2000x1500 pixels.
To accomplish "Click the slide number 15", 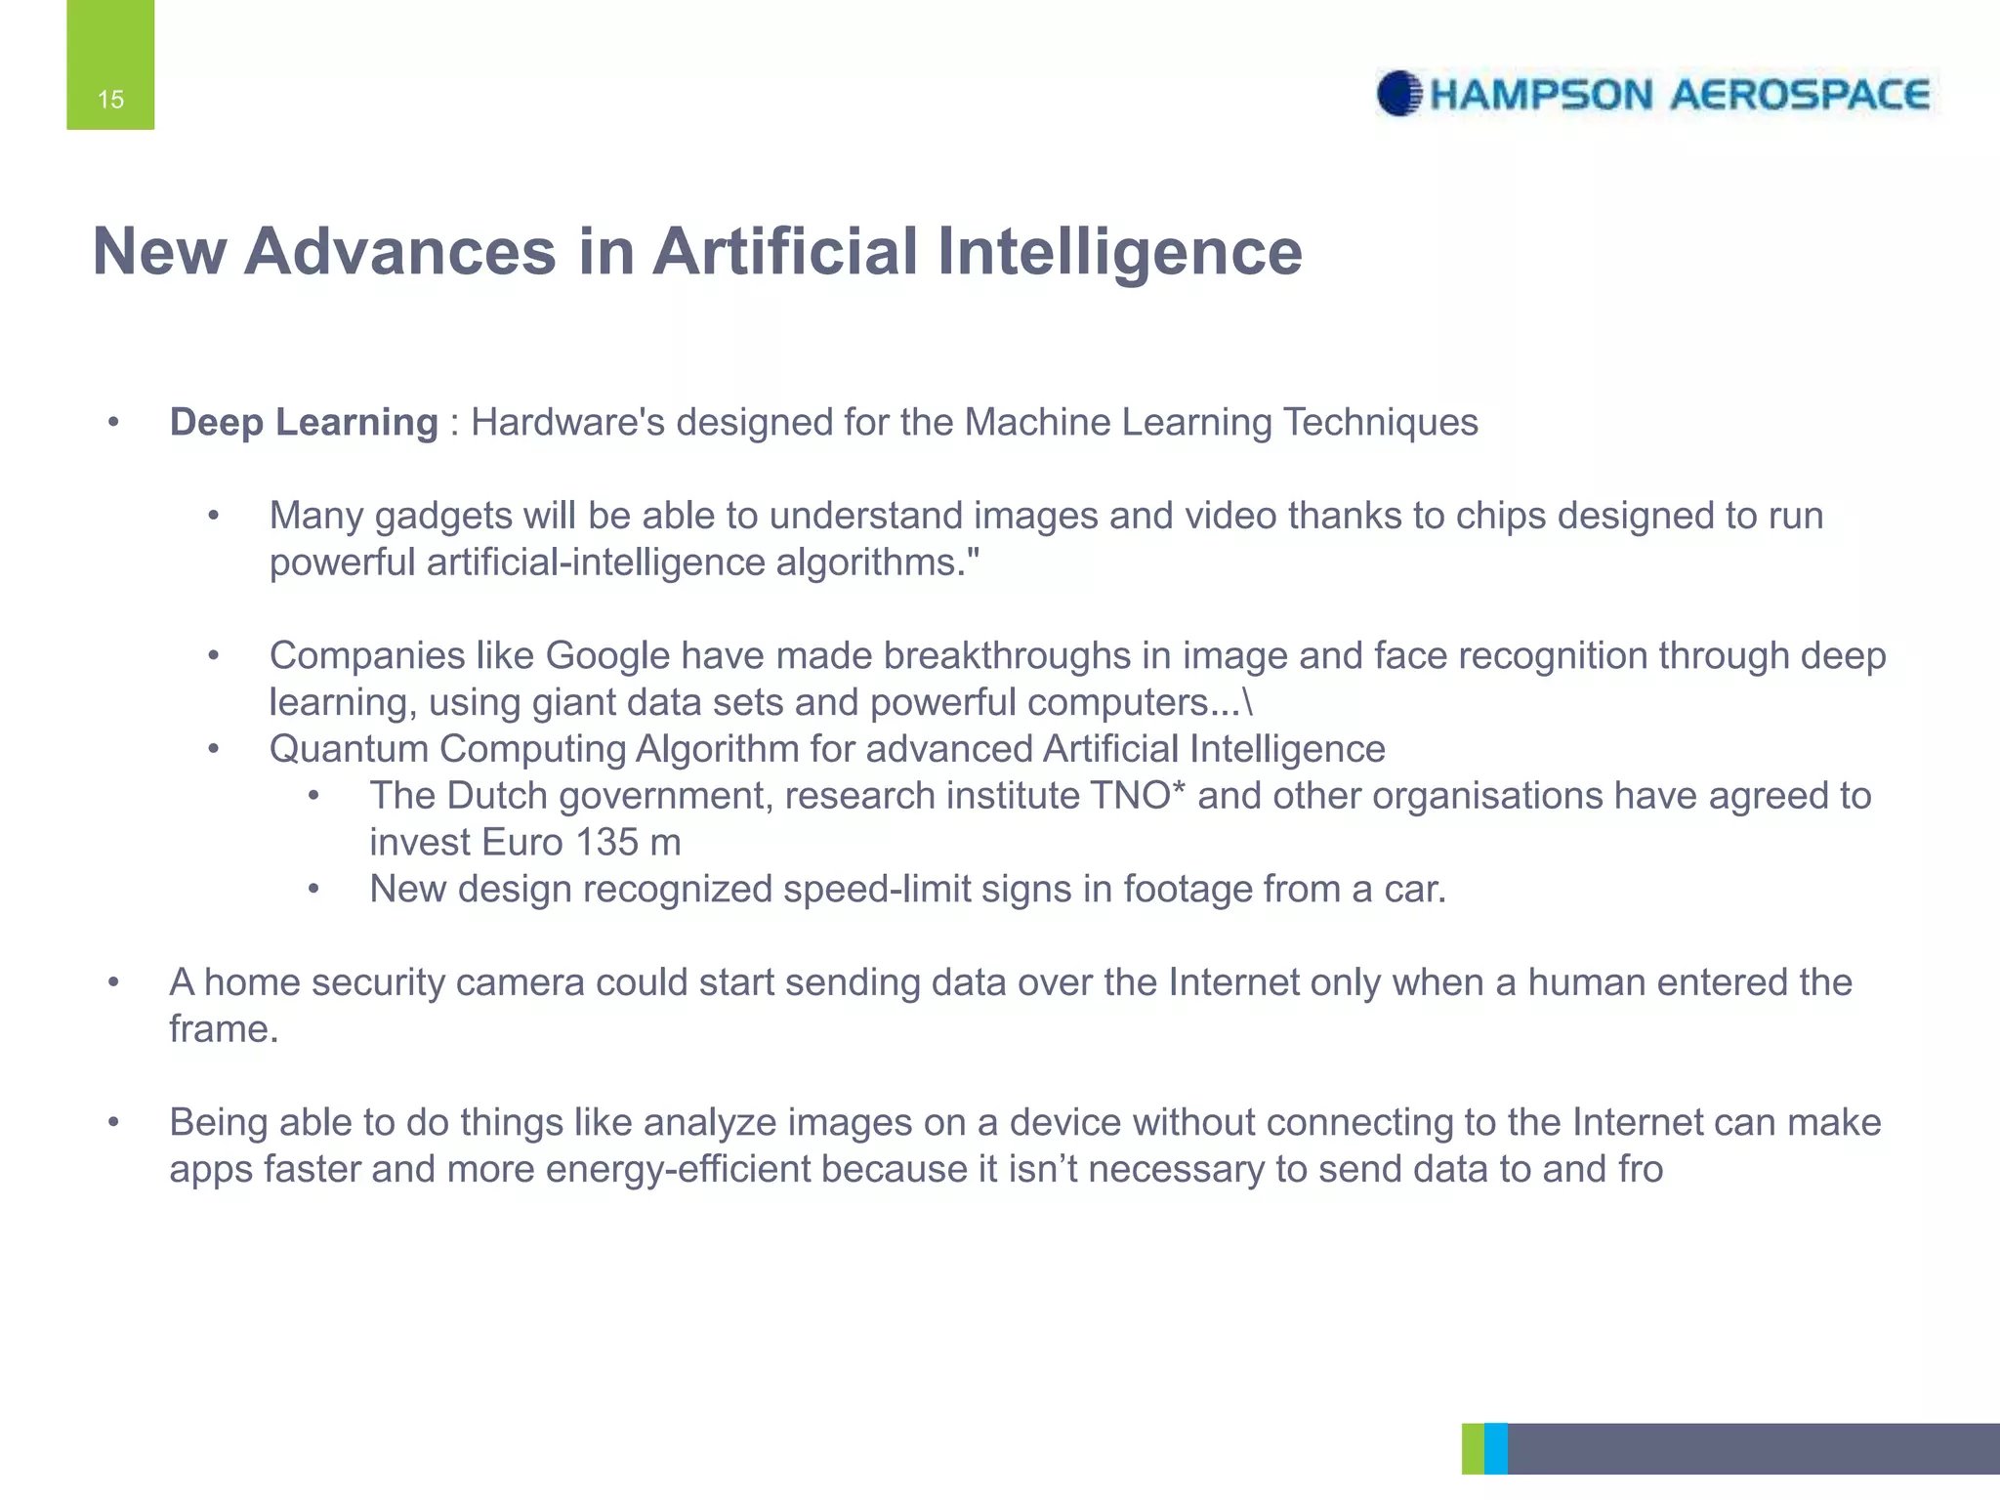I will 110,100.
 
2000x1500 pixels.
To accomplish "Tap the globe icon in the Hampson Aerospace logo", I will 1399,94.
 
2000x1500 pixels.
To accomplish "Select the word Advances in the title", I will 399,252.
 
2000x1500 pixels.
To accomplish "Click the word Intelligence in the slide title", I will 1119,252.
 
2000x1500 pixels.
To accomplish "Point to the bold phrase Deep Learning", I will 304,423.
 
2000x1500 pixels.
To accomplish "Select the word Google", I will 607,656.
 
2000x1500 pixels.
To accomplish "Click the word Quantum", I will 348,749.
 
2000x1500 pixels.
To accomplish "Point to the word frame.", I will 223,1029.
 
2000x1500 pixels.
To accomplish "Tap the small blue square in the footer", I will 1495,1448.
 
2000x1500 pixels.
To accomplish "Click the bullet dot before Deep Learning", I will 113,423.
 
